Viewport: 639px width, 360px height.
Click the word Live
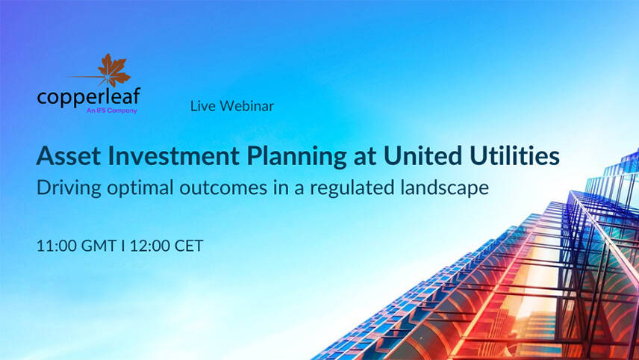click(202, 106)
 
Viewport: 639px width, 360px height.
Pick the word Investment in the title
click(152, 157)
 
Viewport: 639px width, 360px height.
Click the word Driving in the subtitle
click(66, 188)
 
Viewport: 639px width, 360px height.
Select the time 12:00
click(152, 246)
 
